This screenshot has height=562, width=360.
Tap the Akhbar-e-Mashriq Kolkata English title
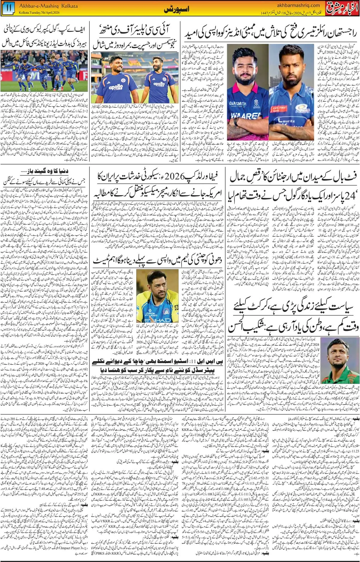[48, 6]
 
